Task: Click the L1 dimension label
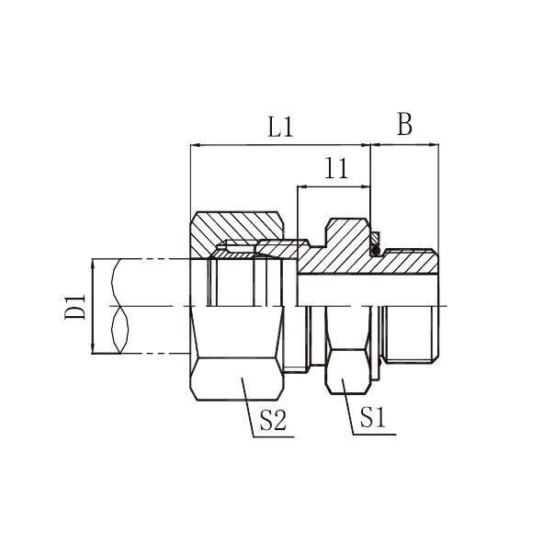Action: [280, 127]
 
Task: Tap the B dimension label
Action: [404, 124]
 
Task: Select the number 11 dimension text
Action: [336, 169]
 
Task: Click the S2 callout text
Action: [273, 420]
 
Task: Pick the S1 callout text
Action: [373, 417]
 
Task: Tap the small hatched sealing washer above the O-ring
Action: [376, 238]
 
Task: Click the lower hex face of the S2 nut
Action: [237, 379]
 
